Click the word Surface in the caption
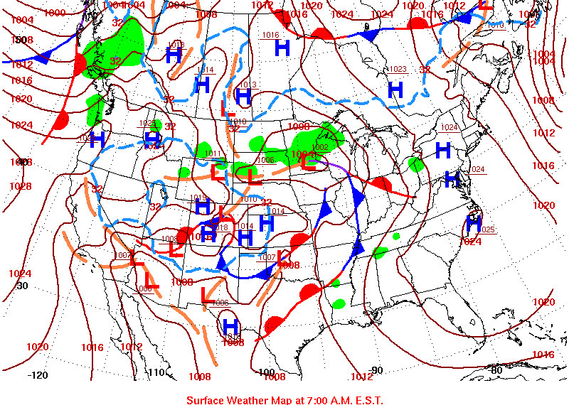[207, 400]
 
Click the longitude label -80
[496, 370]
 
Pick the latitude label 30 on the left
[22, 286]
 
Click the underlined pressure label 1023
[397, 69]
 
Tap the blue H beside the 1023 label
[395, 90]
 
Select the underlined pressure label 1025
[486, 229]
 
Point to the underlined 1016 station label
[270, 35]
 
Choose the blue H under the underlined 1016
[282, 48]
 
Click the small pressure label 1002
[320, 147]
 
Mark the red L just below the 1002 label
[308, 161]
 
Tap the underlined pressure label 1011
[212, 153]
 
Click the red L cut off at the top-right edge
[486, 4]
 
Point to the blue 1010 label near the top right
[495, 25]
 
